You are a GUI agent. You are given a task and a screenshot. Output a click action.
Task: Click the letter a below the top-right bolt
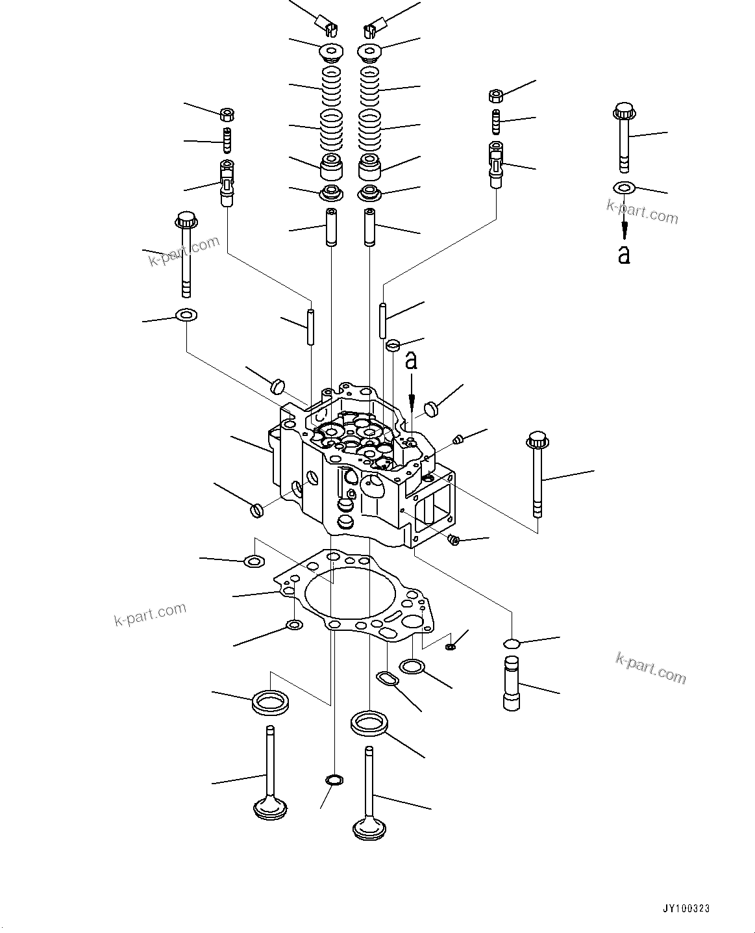coord(624,255)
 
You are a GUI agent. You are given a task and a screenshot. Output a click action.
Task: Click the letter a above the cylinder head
coord(411,361)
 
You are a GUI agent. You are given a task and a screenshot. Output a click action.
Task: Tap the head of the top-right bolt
coord(624,110)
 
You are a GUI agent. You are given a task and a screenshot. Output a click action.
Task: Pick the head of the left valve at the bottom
coord(269,808)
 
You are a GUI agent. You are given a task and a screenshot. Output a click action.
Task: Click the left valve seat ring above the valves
coord(270,702)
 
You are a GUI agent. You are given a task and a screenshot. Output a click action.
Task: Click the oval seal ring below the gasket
coord(388,678)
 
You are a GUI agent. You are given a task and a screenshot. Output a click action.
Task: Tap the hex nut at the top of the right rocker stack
coord(496,96)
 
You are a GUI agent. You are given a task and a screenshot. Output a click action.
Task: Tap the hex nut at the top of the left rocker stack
coord(227,114)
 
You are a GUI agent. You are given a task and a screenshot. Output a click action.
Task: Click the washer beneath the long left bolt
coord(186,316)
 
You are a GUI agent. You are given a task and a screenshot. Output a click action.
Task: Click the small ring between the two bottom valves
coord(334,779)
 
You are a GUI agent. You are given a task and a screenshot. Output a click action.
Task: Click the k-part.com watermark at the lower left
coord(149,614)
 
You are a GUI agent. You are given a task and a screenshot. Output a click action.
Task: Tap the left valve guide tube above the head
coord(332,227)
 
